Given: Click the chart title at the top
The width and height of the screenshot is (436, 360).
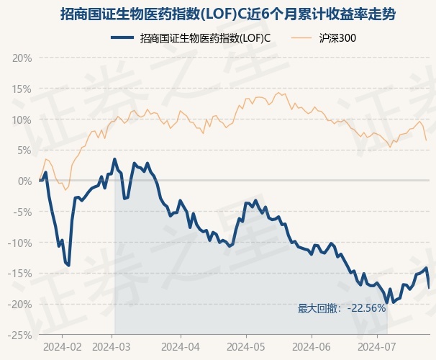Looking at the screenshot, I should tap(218, 14).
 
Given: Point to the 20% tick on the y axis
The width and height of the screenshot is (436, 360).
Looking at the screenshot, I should tap(22, 58).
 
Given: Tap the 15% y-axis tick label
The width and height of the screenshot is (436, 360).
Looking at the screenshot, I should tap(22, 89).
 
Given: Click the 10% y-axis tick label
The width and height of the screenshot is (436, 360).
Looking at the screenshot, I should tap(22, 120).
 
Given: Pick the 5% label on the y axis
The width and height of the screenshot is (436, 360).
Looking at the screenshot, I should tap(24, 150).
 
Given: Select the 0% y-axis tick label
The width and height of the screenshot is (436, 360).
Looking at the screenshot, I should tap(24, 181).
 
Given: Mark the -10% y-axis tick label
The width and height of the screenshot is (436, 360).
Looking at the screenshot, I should tap(20, 243).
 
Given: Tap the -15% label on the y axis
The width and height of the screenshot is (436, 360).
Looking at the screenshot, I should tap(20, 274).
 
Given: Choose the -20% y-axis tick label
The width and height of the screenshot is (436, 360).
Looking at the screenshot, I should tap(20, 305).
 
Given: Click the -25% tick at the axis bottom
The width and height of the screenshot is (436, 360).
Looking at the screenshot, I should tap(20, 336).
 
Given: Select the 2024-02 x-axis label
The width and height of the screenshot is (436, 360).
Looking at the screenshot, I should tap(62, 346).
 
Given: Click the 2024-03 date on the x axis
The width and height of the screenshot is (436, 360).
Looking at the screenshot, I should tap(114, 346).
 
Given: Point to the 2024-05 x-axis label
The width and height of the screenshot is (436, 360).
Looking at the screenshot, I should tap(245, 346).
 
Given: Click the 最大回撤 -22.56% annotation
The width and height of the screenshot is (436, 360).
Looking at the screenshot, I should tap(342, 308).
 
